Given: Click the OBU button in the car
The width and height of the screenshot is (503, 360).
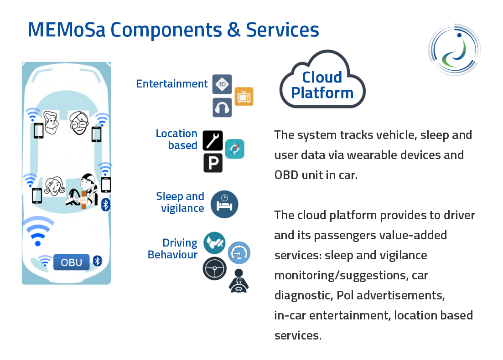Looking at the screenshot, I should (72, 262).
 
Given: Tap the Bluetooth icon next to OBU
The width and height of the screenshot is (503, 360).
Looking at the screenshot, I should (97, 261).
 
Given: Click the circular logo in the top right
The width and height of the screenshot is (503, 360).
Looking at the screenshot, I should (454, 49).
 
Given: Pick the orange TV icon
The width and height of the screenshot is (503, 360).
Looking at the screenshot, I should (244, 97).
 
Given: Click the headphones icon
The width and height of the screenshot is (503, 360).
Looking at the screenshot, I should (222, 108).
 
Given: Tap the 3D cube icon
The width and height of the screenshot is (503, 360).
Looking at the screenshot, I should (222, 84).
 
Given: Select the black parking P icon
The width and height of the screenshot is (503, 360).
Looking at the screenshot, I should (213, 163).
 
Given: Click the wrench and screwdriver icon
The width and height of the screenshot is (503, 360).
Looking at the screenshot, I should (213, 140).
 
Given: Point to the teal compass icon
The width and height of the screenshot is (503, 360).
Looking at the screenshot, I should (235, 149).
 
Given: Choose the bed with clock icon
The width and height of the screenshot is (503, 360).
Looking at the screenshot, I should (224, 204).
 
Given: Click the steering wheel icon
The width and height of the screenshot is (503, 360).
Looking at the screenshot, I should (214, 268).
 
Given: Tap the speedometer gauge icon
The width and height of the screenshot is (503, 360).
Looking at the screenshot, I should (239, 252).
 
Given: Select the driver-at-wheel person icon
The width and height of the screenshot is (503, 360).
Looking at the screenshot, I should (239, 281).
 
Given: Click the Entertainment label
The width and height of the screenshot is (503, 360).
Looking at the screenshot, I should (172, 84).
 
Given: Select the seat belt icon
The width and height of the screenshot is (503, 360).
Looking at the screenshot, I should (214, 242).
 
